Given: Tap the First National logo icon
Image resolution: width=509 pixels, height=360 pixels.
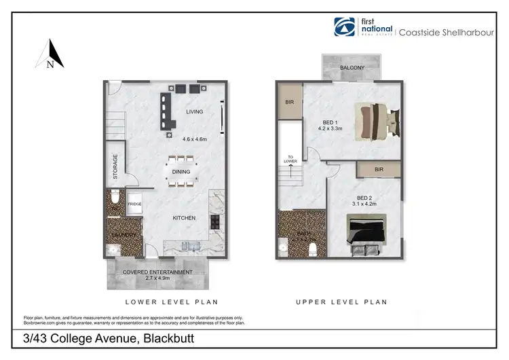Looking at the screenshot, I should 344,27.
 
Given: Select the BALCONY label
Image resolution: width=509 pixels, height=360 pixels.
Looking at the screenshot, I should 352,67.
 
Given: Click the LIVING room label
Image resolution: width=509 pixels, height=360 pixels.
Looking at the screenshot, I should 194,111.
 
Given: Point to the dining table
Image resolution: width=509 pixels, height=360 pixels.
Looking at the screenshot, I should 181,173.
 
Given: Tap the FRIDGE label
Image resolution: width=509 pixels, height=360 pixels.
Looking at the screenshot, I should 134,203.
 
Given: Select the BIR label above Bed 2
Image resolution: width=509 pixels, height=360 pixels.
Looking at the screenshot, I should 378,169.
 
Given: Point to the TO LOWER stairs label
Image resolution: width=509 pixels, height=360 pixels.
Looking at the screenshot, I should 290,160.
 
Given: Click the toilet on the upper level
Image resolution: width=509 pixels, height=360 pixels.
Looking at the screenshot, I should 314,249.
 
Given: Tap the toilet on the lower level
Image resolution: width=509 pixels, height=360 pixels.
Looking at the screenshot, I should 116,198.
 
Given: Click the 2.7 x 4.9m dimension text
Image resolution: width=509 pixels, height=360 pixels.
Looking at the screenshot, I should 157,278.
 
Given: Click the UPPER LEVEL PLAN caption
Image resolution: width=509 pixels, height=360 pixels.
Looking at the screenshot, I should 341,302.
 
